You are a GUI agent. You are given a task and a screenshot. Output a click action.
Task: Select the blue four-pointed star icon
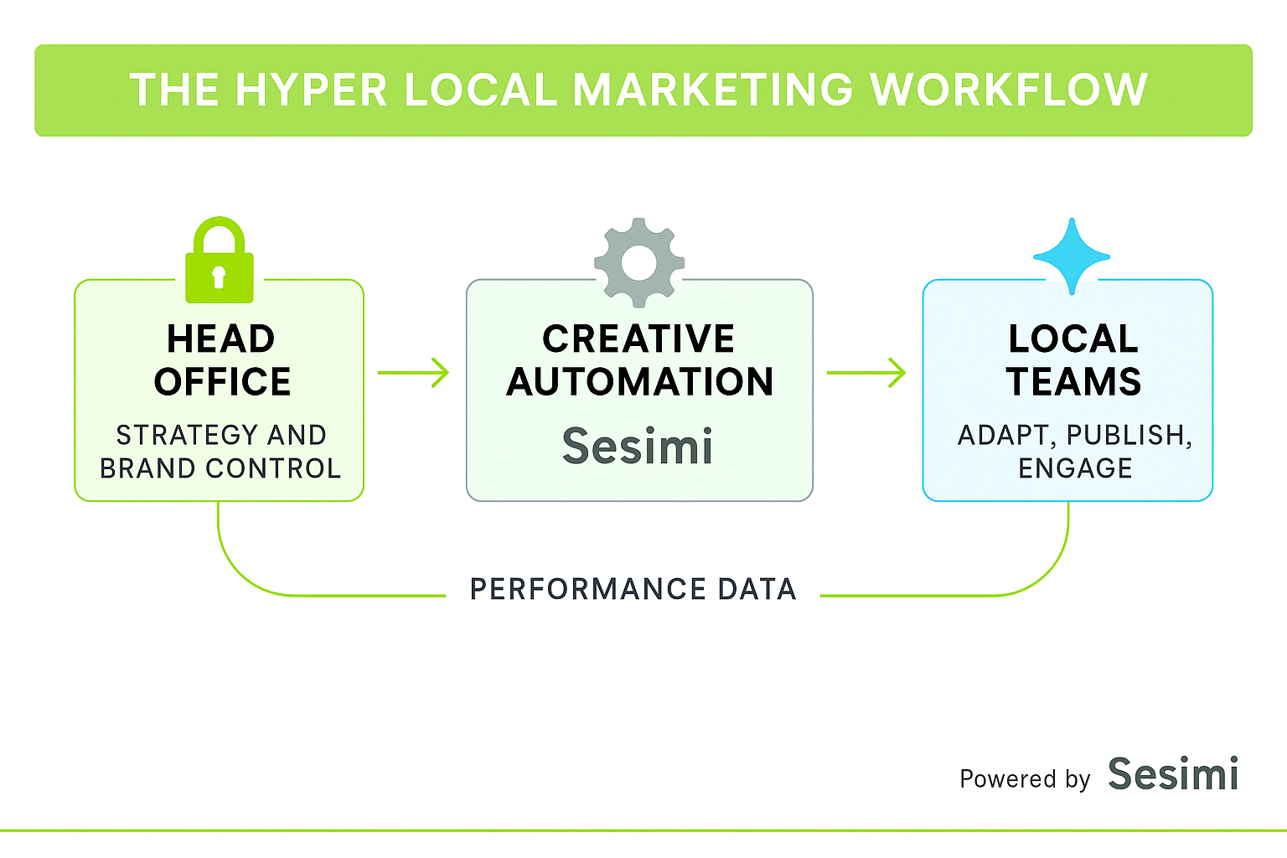pos(1072,256)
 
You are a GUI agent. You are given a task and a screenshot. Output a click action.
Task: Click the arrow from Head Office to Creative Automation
pos(414,372)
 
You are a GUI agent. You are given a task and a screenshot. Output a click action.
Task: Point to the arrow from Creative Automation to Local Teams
pos(866,372)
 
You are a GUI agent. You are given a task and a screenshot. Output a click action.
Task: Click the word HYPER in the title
pos(311,90)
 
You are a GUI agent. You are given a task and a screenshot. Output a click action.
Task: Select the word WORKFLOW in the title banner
pos(1009,90)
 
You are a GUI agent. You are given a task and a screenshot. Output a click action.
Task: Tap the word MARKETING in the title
pos(713,90)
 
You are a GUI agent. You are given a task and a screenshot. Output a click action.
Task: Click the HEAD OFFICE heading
pos(222,360)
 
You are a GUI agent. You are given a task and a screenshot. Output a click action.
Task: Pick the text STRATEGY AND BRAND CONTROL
pos(220,452)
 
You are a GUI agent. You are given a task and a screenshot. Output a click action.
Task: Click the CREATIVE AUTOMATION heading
pos(639,360)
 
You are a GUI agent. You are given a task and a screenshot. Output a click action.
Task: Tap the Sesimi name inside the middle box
pos(638,446)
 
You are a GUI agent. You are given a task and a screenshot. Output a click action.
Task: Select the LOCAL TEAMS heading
pos(1073,360)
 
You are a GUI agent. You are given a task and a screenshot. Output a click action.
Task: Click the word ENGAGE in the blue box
pos(1075,468)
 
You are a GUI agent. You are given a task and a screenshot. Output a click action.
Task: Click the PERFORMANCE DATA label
pos(633,589)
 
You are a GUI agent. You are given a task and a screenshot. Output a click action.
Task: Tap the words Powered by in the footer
pos(1024,779)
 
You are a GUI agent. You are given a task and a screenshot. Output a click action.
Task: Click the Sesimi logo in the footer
pos(1173,774)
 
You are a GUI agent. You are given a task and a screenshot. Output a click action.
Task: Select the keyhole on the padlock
pos(219,276)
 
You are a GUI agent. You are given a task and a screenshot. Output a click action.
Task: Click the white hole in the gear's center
pos(639,262)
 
